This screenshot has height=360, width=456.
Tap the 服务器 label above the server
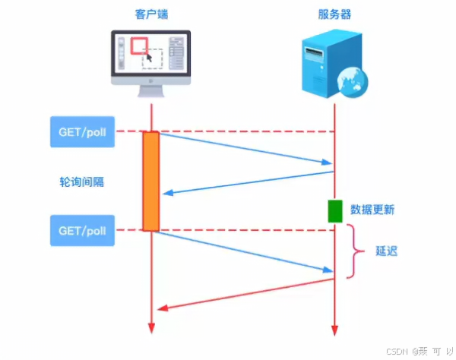(x=334, y=14)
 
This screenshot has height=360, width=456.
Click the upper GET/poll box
(x=82, y=131)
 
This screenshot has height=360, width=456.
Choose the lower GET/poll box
(x=82, y=229)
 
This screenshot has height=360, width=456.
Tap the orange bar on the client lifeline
(x=150, y=181)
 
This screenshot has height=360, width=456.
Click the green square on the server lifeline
(x=335, y=211)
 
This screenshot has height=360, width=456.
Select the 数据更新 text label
(x=372, y=210)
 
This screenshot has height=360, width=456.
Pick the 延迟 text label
(x=387, y=250)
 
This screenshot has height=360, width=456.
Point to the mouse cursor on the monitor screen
(x=148, y=55)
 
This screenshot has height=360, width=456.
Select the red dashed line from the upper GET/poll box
(x=243, y=131)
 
